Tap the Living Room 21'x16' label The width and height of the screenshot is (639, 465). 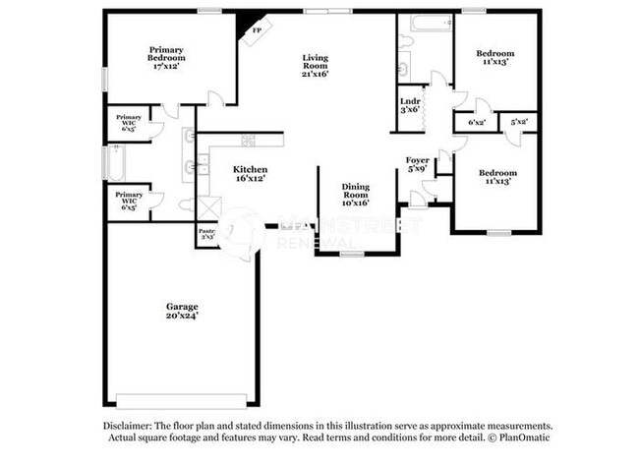(x=315, y=65)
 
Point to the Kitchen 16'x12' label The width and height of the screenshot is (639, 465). (x=250, y=174)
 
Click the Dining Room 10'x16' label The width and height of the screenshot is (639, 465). (x=355, y=194)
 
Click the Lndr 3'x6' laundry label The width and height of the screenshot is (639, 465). (x=410, y=105)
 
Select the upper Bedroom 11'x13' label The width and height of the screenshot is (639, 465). (x=496, y=56)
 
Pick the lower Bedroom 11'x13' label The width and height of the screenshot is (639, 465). (x=497, y=178)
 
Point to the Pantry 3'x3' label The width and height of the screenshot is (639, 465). (x=208, y=235)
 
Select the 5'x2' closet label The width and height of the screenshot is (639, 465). (x=520, y=122)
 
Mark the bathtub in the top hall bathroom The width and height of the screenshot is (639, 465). (x=426, y=22)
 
